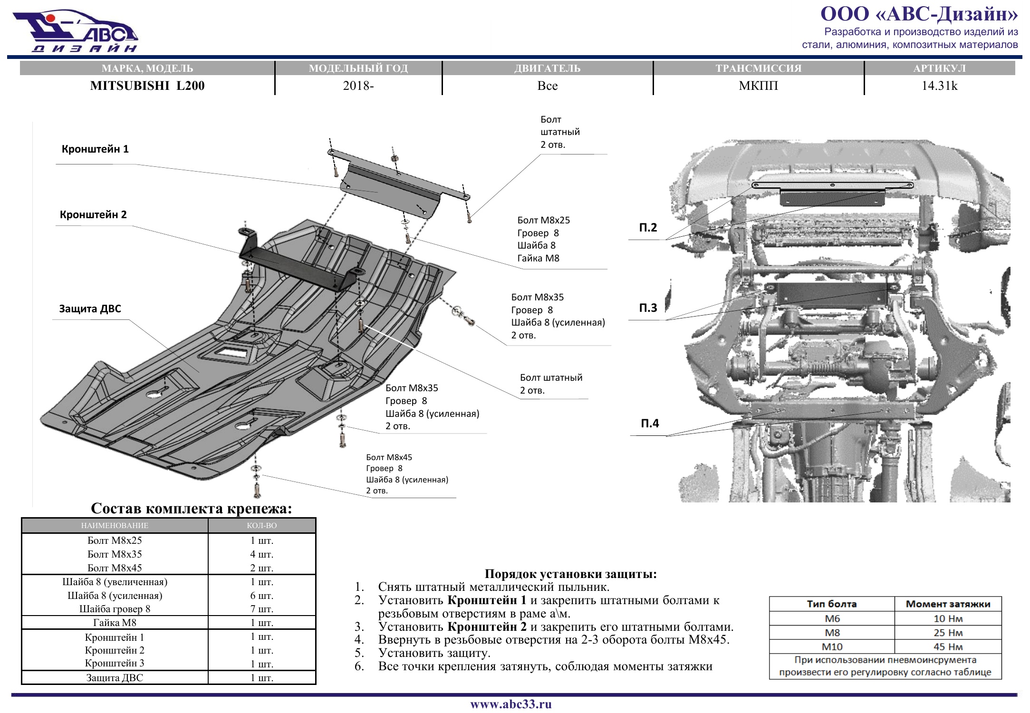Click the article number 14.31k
coord(939,86)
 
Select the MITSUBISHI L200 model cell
coord(147,86)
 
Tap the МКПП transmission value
coord(758,86)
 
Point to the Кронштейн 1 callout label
coord(95,149)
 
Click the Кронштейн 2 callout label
coord(93,214)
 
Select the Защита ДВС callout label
coord(90,308)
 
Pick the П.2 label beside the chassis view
coord(648,227)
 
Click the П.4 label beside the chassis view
coord(650,423)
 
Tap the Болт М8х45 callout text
coord(389,457)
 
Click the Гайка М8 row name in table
coord(115,623)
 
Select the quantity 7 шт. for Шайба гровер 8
coord(262,609)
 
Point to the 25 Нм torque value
coord(948,633)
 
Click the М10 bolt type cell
coord(832,647)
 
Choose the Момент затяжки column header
coord(948,604)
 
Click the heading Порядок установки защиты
coord(570,574)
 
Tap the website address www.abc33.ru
coord(511,704)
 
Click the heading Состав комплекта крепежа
coord(191,508)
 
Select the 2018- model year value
coord(358,86)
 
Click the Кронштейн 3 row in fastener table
coord(115,663)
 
